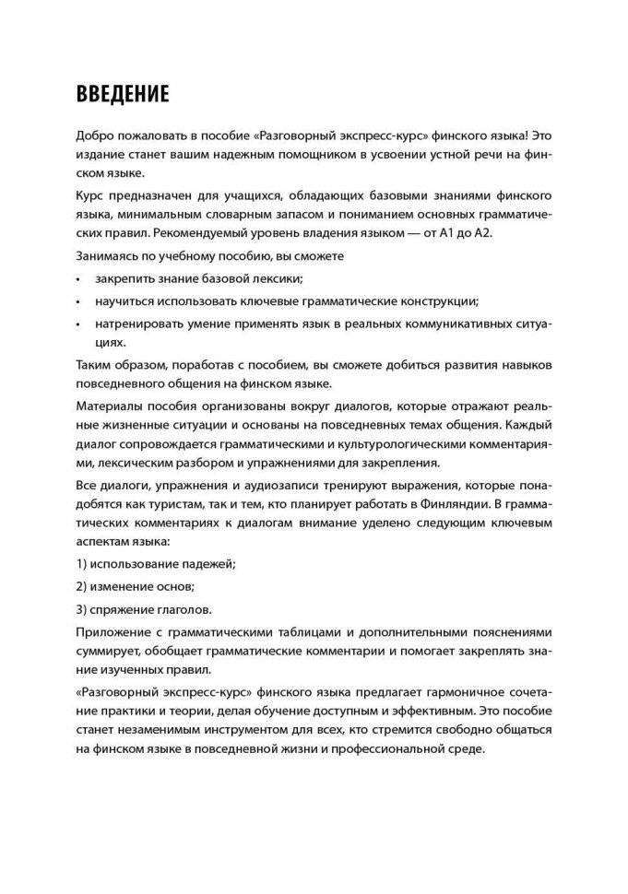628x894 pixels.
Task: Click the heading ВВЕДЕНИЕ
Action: point(123,95)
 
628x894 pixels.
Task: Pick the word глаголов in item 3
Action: point(184,609)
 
